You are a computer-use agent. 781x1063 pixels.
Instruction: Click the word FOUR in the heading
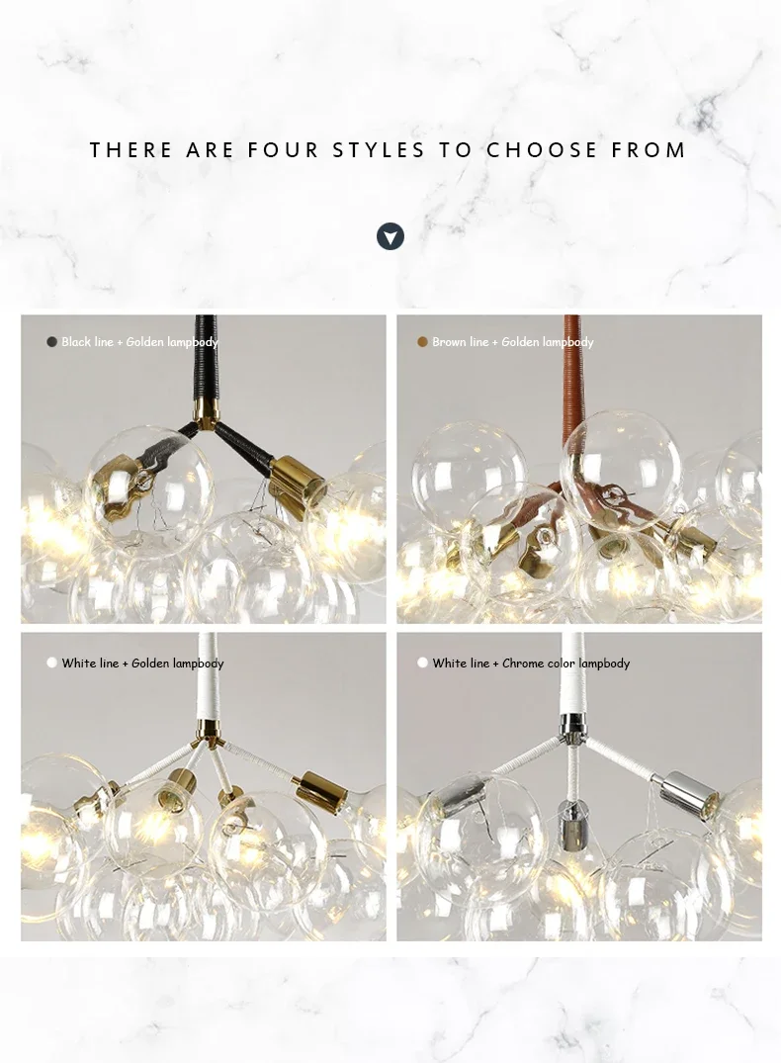pyautogui.click(x=284, y=150)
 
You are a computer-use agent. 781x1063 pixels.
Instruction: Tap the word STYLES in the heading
pyautogui.click(x=379, y=150)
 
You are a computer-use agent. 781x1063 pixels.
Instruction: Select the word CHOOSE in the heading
pyautogui.click(x=543, y=150)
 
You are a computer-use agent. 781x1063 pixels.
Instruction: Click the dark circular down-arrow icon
pyautogui.click(x=390, y=236)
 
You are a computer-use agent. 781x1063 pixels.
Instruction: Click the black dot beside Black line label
pyautogui.click(x=51, y=342)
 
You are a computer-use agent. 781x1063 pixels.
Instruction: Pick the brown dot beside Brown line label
pyautogui.click(x=422, y=342)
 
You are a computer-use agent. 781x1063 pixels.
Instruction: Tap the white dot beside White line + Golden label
pyautogui.click(x=51, y=664)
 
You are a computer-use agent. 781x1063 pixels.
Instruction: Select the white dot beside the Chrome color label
pyautogui.click(x=422, y=664)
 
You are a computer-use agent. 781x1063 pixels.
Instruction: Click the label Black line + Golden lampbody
pyautogui.click(x=139, y=342)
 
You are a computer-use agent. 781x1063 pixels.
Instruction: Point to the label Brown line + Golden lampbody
pyautogui.click(x=512, y=342)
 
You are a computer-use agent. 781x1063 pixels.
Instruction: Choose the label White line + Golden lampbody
pyautogui.click(x=142, y=664)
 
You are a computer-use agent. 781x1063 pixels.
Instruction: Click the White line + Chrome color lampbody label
pyautogui.click(x=531, y=664)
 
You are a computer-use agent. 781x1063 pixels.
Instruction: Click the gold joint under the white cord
pyautogui.click(x=207, y=731)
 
